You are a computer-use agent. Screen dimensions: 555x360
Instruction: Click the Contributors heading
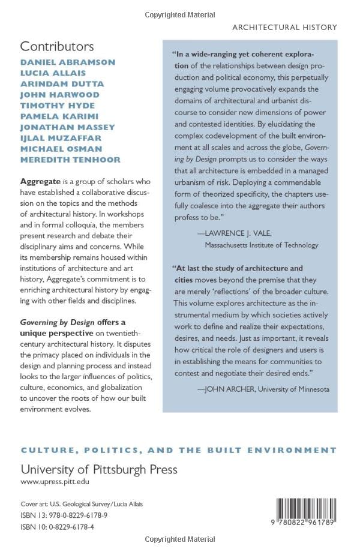(x=57, y=46)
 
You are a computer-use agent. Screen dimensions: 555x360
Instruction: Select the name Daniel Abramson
(x=68, y=62)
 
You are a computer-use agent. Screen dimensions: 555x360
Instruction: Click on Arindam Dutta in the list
(x=62, y=84)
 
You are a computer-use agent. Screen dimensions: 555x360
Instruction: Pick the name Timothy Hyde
(x=58, y=106)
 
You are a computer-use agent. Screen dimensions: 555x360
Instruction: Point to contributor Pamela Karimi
(x=59, y=116)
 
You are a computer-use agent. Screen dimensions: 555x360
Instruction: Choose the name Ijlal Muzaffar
(x=62, y=138)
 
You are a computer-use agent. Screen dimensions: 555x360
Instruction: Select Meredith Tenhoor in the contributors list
(x=70, y=160)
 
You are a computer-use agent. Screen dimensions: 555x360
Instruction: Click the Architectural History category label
(x=284, y=27)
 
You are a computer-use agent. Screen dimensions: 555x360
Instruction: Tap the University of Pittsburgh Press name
(x=99, y=469)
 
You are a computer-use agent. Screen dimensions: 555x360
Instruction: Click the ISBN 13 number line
(x=65, y=515)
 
